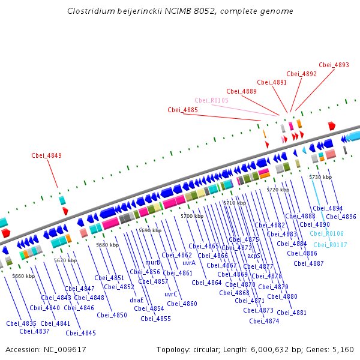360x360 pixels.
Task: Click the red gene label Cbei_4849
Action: [x=47, y=155]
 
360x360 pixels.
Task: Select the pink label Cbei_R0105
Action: [x=211, y=100]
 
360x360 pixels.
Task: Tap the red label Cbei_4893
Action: [x=334, y=65]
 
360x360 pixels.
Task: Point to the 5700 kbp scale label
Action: [x=192, y=216]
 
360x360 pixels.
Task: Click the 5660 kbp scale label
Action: [x=23, y=276]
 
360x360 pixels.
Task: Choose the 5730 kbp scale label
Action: [x=320, y=177]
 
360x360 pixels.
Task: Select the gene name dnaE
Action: [x=137, y=300]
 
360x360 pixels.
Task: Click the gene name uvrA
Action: [x=189, y=263]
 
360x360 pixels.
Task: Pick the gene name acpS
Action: [x=254, y=256]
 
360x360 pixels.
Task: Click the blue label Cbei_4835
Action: [x=22, y=323]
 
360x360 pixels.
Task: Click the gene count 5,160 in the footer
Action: [x=343, y=349]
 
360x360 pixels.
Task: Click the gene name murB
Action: [x=153, y=262]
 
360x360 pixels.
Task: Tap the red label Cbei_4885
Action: [x=182, y=110]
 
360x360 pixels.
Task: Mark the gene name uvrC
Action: [x=171, y=294]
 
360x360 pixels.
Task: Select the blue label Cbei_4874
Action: [x=264, y=321]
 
